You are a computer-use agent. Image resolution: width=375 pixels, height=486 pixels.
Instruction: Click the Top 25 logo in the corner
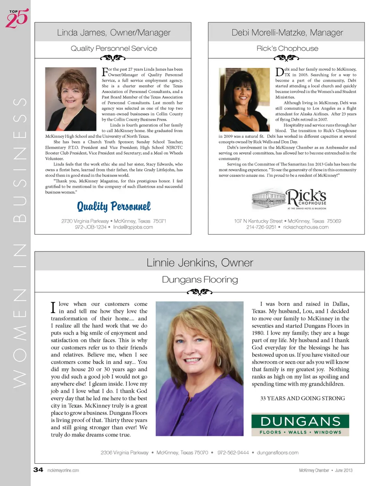[x=17, y=18]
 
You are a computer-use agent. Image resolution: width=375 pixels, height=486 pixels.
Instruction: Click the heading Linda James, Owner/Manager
[x=114, y=32]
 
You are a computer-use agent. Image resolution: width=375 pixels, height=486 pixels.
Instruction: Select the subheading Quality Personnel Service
[x=114, y=48]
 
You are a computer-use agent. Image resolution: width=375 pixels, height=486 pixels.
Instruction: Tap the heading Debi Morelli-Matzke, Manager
[x=287, y=32]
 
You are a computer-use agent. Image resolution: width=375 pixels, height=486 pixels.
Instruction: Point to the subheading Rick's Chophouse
[x=287, y=48]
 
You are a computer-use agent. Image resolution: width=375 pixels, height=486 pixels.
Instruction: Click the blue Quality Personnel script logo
[x=114, y=206]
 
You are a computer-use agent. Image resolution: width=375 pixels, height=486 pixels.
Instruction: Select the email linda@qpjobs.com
[x=133, y=227]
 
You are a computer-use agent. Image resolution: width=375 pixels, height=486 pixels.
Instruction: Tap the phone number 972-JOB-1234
[x=91, y=227]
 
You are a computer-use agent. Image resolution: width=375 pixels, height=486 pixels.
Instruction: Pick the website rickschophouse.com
[x=305, y=227]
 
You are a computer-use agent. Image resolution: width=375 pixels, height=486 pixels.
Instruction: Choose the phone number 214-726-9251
[x=261, y=227]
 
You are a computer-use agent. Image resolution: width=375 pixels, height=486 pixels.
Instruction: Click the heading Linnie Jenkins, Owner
[x=200, y=263]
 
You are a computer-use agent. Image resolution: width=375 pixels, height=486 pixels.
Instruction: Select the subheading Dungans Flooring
[x=200, y=279]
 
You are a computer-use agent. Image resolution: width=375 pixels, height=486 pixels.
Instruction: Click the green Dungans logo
[x=300, y=424]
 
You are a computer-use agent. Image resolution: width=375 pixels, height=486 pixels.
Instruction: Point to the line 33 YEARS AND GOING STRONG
[x=302, y=398]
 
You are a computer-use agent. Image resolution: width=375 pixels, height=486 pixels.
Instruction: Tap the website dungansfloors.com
[x=277, y=453]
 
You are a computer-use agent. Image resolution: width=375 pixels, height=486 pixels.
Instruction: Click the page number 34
[x=38, y=470]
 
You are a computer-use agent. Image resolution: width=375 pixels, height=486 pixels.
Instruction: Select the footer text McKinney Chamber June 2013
[x=325, y=470]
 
